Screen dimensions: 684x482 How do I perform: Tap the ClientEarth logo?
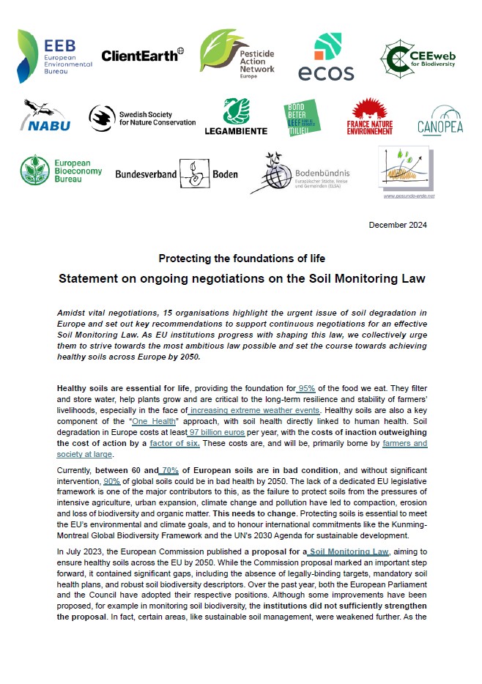[x=142, y=55]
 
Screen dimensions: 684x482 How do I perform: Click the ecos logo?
[x=326, y=57]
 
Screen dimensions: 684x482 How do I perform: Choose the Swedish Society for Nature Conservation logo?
[x=142, y=117]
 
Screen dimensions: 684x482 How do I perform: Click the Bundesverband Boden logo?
[x=177, y=172]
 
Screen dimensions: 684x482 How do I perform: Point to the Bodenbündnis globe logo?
[x=300, y=173]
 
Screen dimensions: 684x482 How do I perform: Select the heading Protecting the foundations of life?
[x=241, y=259]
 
